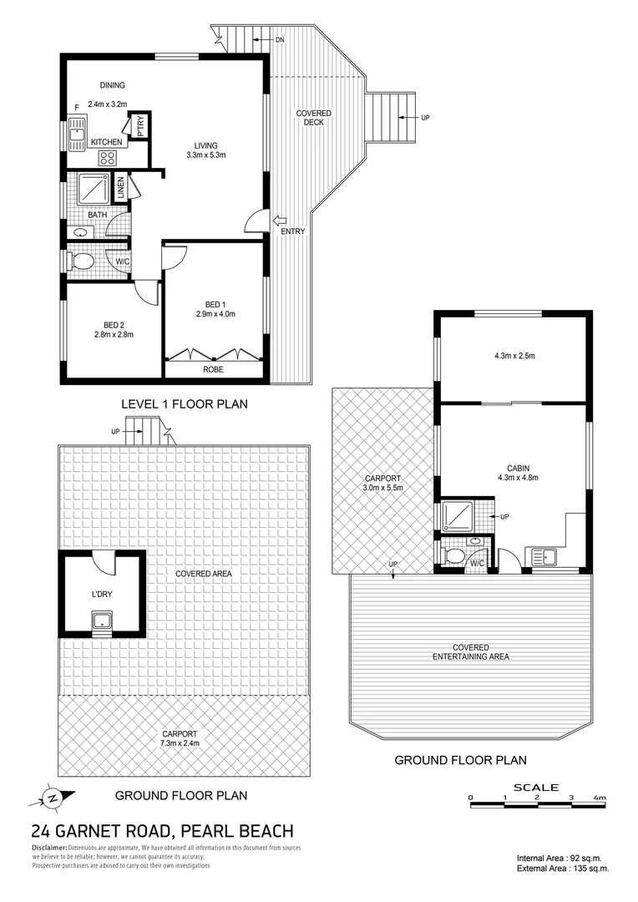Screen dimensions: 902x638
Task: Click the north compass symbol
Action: (52, 797)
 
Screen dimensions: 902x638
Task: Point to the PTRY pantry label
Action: (140, 125)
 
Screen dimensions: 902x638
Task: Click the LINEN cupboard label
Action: (121, 188)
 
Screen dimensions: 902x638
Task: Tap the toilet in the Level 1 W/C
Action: (81, 262)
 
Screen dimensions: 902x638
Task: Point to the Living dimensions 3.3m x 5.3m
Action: (207, 155)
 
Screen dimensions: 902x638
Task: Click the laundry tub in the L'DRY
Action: (102, 620)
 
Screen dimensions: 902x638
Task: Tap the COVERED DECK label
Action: (314, 118)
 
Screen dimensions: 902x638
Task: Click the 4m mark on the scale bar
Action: (599, 799)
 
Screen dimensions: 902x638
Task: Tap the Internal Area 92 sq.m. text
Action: (560, 858)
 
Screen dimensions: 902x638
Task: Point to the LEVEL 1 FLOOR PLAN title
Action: (185, 404)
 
